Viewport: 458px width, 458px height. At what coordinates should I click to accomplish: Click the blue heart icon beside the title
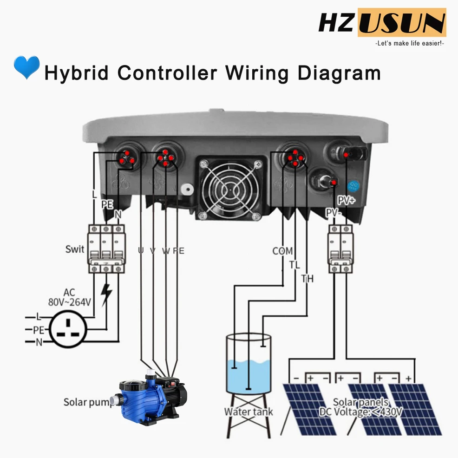click(x=26, y=68)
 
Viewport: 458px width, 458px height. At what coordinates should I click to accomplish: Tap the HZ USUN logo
click(x=382, y=23)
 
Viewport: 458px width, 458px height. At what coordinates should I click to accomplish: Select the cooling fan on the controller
click(x=231, y=188)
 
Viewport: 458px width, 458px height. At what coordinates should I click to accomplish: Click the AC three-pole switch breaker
click(x=106, y=249)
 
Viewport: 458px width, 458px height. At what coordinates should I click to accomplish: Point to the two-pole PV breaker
click(x=340, y=249)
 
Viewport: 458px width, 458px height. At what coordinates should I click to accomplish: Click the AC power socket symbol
click(x=69, y=330)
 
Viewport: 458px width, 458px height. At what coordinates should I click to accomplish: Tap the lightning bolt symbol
click(x=107, y=295)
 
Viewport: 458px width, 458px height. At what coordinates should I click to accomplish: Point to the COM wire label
click(x=282, y=251)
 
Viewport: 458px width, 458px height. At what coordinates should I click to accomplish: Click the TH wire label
click(x=307, y=279)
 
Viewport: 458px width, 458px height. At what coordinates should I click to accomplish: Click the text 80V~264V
click(x=69, y=302)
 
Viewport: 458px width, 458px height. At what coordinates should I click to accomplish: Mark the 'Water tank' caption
click(x=249, y=412)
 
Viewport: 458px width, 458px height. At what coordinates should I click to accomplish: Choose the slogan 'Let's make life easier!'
click(x=410, y=43)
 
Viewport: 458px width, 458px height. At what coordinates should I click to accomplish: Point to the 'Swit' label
click(x=75, y=249)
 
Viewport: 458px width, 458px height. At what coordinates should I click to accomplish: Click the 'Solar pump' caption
click(x=88, y=402)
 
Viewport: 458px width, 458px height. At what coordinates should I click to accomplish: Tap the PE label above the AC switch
click(x=107, y=204)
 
